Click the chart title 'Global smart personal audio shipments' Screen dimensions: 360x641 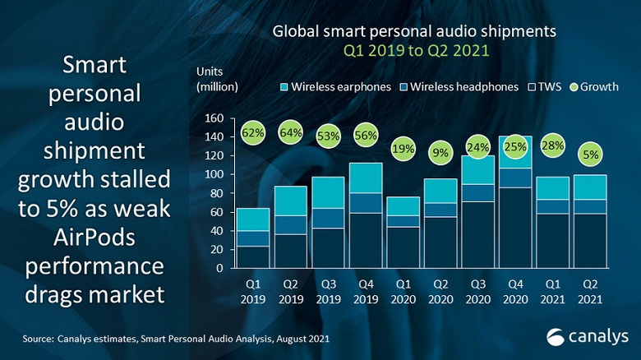pyautogui.click(x=415, y=32)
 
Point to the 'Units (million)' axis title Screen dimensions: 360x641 pyautogui.click(x=217, y=79)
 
